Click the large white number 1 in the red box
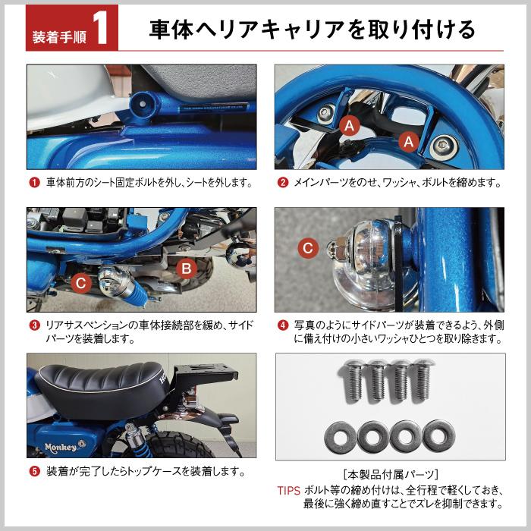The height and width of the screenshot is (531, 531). click(x=102, y=30)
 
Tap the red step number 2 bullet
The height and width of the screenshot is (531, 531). click(x=283, y=183)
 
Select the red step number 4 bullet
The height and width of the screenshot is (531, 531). click(x=283, y=325)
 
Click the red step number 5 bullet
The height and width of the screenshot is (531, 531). click(x=35, y=471)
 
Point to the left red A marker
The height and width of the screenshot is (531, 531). click(x=349, y=126)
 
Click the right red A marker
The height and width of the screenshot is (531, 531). click(x=409, y=142)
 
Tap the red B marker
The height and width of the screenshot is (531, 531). click(x=187, y=269)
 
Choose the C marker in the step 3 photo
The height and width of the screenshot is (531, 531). click(x=80, y=283)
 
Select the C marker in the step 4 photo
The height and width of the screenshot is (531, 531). click(x=308, y=248)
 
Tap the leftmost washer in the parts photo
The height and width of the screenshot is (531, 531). click(x=340, y=436)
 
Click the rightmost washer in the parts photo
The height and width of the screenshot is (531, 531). click(x=439, y=435)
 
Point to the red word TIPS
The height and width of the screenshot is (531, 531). click(x=289, y=491)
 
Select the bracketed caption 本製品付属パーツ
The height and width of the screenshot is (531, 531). click(x=391, y=475)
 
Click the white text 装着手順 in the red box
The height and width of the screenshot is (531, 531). click(x=59, y=37)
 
